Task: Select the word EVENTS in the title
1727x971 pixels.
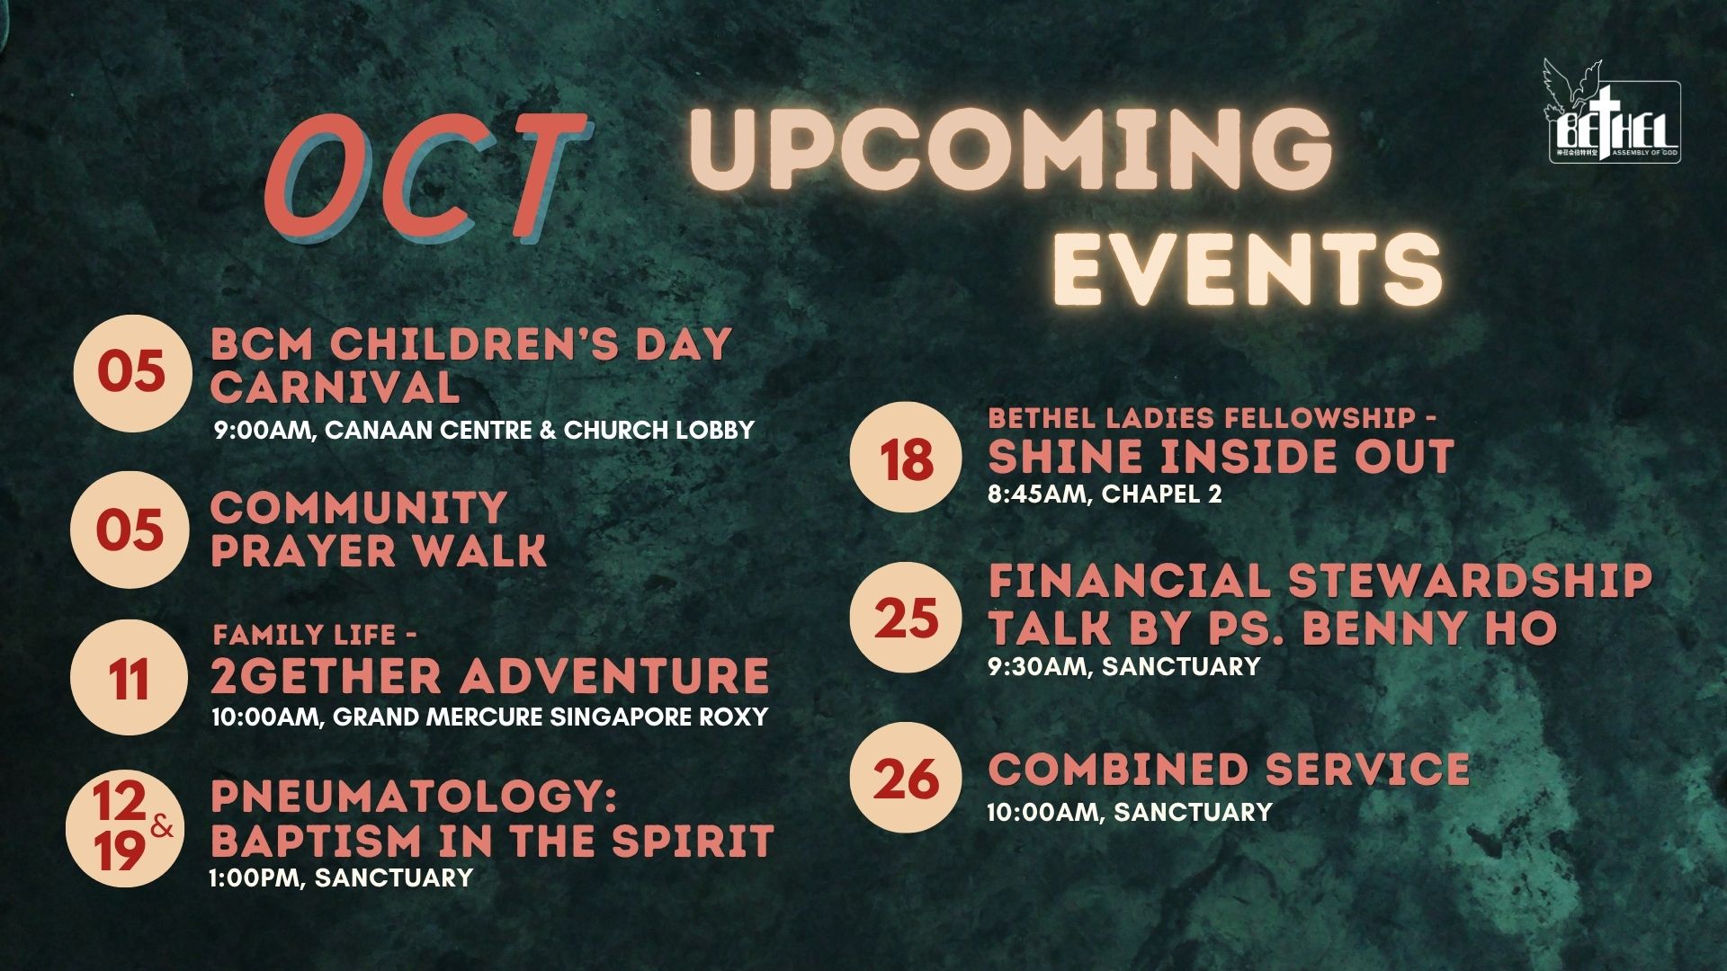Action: (x=1248, y=266)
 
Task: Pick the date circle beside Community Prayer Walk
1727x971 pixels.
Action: (x=130, y=530)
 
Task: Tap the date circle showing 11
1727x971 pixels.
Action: (x=130, y=678)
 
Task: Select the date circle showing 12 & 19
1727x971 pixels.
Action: (x=125, y=829)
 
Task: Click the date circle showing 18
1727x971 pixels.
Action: (x=906, y=458)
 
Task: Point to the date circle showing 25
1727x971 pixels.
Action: (x=906, y=618)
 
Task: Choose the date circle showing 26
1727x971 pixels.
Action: (x=906, y=778)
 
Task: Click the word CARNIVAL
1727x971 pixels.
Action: (x=336, y=388)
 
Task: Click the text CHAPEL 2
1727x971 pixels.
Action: (x=1161, y=494)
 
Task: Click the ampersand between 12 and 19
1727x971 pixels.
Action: (x=162, y=825)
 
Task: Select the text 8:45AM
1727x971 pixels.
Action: (x=1036, y=494)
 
